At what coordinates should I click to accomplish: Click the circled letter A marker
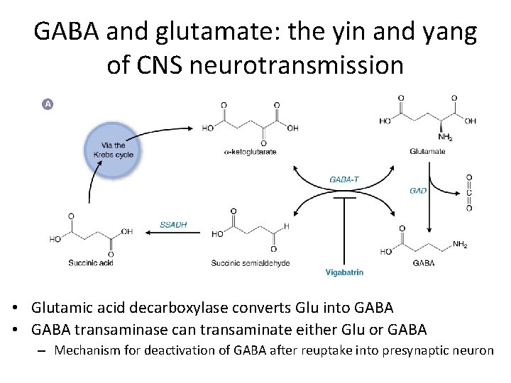tap(48, 104)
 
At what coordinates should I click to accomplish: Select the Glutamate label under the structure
tap(427, 151)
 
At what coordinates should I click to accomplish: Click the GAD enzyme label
tap(419, 191)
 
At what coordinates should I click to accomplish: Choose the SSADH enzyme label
tap(172, 225)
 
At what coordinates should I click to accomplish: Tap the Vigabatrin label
tap(345, 272)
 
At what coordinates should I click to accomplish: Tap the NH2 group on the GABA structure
tap(461, 245)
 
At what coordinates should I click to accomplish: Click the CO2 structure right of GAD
tap(468, 193)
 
